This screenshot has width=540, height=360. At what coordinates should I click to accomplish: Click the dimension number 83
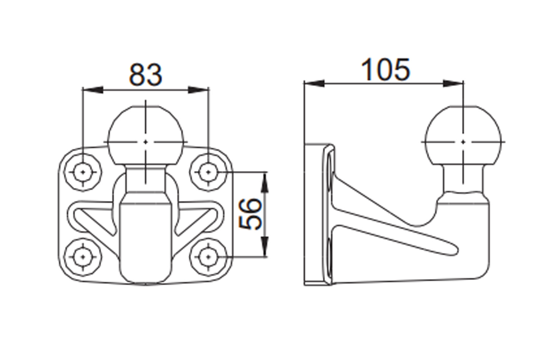point(145,75)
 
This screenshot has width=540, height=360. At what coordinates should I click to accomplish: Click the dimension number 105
point(385,69)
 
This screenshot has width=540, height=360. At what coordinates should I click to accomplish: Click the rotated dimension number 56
point(250,214)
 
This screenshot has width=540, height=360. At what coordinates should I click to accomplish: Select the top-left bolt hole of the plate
point(83,172)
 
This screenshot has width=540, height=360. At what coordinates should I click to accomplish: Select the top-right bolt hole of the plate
point(208,172)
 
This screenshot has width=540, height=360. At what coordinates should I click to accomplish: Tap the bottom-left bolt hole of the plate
point(83,257)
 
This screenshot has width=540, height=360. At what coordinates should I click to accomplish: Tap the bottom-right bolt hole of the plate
point(208,257)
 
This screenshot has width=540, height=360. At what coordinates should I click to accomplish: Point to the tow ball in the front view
point(145,135)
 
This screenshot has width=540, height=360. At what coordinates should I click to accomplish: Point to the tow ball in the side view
point(463,135)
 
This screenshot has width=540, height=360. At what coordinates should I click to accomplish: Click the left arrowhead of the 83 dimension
point(93,90)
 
